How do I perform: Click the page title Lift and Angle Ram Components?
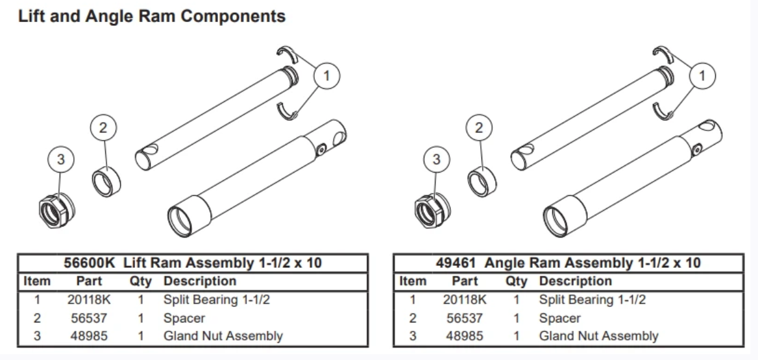tap(152, 16)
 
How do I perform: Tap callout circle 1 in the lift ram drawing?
tap(326, 77)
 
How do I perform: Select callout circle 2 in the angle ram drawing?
tap(479, 128)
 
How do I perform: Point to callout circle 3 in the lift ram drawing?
tap(61, 160)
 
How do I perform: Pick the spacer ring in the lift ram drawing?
tap(106, 181)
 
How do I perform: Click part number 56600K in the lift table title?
tap(90, 263)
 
